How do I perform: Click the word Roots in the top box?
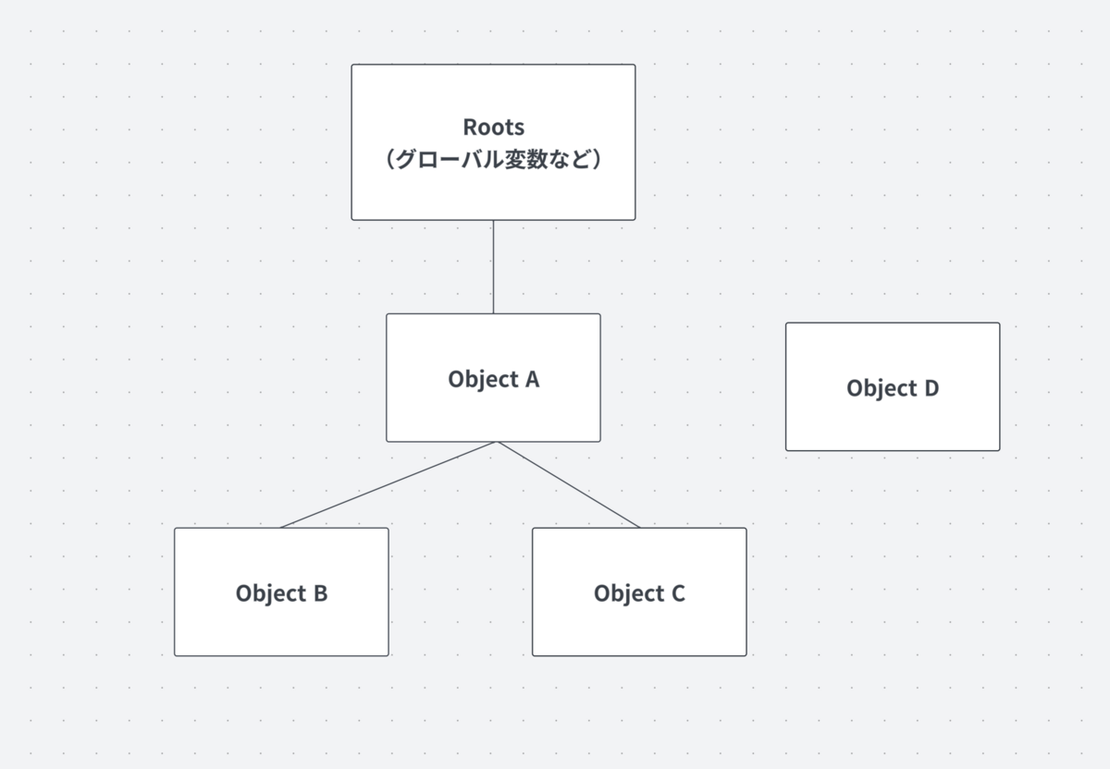click(494, 128)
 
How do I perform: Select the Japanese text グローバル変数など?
click(494, 160)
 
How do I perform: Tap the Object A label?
click(494, 380)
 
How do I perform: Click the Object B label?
click(281, 593)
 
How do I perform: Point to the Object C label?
click(639, 593)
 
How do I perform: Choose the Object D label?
click(893, 389)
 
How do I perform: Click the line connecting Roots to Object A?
click(493, 267)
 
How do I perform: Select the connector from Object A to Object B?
click(388, 484)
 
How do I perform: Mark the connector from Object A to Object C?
click(569, 484)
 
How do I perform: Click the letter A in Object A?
click(532, 379)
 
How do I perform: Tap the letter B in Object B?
click(321, 593)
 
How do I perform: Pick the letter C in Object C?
click(678, 593)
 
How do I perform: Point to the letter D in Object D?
click(931, 388)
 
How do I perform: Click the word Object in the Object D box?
click(882, 389)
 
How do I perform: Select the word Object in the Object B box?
click(271, 593)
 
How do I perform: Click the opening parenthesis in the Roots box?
click(390, 160)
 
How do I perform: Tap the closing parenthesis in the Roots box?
click(598, 160)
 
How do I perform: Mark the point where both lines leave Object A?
click(496, 442)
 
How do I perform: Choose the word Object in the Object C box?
click(629, 593)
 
